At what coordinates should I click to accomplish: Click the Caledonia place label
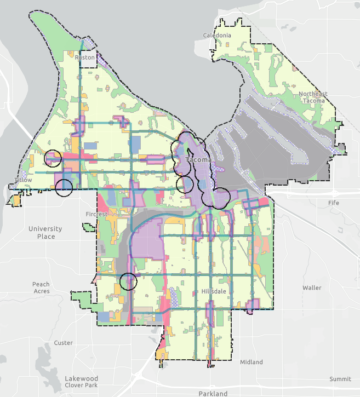tap(218, 36)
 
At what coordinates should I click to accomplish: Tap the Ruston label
tap(85, 57)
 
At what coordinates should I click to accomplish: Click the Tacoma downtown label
tap(198, 160)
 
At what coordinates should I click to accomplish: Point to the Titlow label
tap(24, 180)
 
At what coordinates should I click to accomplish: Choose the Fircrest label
tap(96, 214)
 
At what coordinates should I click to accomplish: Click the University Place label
tap(46, 233)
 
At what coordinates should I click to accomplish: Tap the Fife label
tap(334, 203)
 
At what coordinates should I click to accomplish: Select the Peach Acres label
tap(41, 287)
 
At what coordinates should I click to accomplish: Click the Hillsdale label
tap(214, 291)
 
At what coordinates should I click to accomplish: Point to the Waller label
tap(312, 287)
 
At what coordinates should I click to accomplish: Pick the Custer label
tap(64, 343)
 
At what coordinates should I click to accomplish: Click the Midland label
tap(252, 362)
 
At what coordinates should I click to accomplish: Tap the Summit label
tap(340, 379)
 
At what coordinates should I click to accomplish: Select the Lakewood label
tap(81, 378)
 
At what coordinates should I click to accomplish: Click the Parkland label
tap(213, 393)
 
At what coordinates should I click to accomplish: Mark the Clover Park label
tap(81, 385)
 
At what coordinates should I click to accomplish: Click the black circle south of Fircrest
tap(128, 281)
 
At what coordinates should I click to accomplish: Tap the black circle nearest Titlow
tap(64, 188)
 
